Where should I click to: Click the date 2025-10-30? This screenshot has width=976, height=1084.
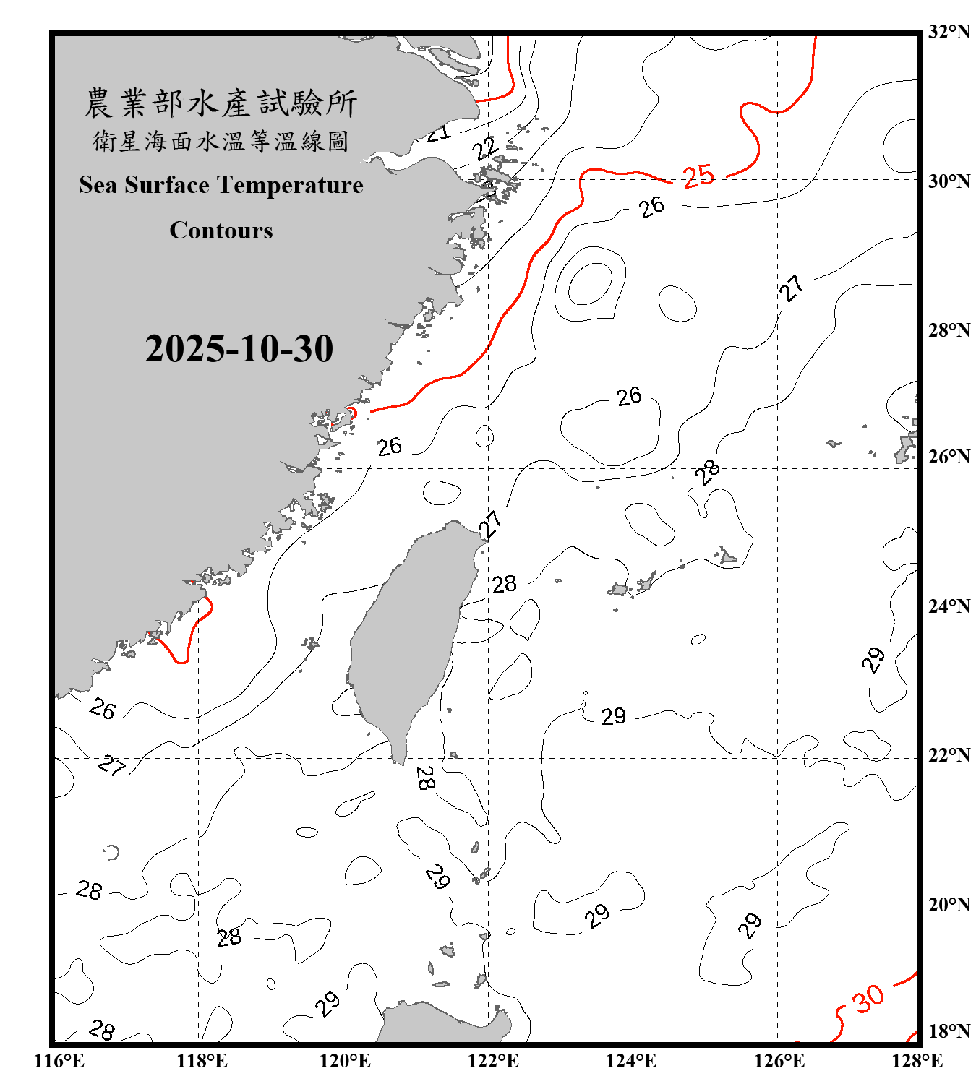tap(239, 348)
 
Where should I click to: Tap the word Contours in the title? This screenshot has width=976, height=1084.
tap(221, 230)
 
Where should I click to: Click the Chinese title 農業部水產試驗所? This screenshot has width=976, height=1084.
tap(221, 103)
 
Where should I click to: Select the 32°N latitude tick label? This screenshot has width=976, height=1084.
tap(949, 32)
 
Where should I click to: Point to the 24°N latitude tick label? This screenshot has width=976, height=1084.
tap(949, 606)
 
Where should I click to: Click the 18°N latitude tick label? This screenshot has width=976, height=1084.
tap(949, 1031)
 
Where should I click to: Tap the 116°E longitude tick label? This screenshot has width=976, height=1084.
tap(59, 1061)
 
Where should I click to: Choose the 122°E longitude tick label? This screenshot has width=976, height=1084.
tap(493, 1061)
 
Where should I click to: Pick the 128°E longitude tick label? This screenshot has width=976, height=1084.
tap(917, 1061)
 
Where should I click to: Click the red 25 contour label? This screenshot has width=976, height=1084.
tap(698, 176)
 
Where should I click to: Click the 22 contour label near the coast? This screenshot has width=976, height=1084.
tap(485, 148)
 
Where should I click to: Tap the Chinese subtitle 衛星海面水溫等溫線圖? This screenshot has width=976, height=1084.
tap(221, 141)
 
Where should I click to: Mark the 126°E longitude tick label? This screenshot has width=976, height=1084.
tap(779, 1061)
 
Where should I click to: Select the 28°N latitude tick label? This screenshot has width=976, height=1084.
tap(949, 330)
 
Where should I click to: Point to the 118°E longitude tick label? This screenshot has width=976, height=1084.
tap(202, 1061)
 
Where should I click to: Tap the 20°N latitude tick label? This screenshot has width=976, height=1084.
tap(949, 904)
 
